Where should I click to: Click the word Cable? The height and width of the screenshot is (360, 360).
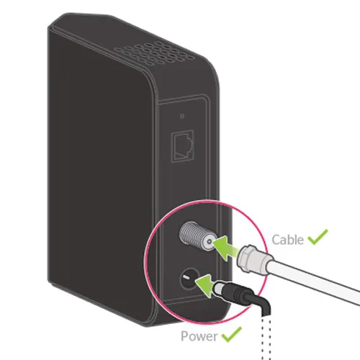287,240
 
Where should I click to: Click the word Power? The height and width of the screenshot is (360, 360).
199,336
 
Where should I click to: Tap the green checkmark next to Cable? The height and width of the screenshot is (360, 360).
318,237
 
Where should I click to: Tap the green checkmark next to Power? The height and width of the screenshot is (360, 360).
231,334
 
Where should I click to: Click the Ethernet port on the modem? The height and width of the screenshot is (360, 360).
183,146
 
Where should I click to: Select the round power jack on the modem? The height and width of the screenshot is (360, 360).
189,279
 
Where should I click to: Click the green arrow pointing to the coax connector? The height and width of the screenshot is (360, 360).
225,248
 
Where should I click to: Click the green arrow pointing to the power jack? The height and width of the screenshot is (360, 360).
206,286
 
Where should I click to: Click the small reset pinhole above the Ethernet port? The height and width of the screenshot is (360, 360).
182,116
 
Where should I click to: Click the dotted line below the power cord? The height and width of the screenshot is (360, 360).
266,338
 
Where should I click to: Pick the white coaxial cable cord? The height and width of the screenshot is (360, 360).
312,282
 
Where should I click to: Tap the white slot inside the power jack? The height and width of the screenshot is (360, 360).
186,278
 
